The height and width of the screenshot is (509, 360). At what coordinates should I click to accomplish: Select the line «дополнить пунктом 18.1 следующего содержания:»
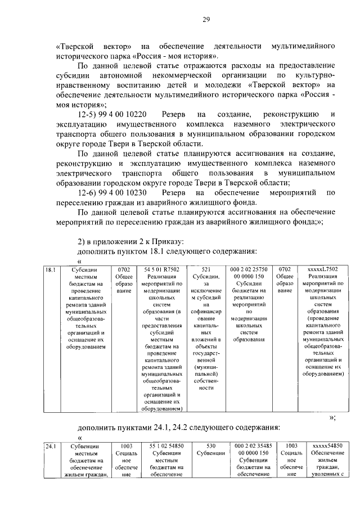[167, 250]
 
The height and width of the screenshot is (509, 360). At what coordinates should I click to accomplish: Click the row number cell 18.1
[50, 270]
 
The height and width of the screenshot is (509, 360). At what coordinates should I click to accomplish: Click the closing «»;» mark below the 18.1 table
[332, 417]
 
